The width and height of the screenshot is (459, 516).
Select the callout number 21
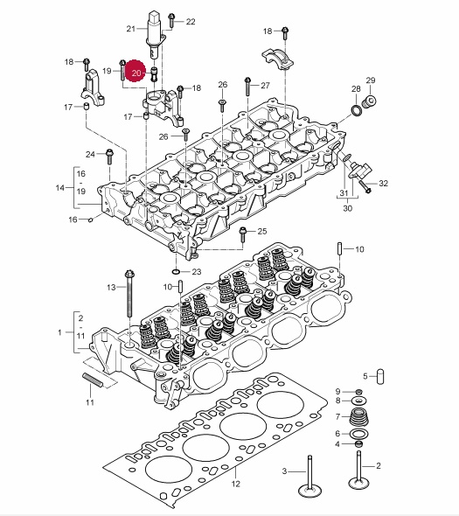[x=131, y=29]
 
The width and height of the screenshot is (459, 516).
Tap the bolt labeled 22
[x=171, y=20]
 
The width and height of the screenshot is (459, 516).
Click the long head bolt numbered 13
[x=129, y=294]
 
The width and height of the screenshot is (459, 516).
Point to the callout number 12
[x=236, y=484]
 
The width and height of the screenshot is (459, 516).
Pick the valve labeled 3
[x=309, y=476]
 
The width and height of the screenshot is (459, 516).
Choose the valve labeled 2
[x=359, y=470]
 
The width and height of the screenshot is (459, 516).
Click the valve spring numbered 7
[x=358, y=417]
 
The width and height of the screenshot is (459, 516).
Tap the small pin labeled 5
[x=380, y=376]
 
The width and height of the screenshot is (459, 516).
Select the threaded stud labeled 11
[x=93, y=380]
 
